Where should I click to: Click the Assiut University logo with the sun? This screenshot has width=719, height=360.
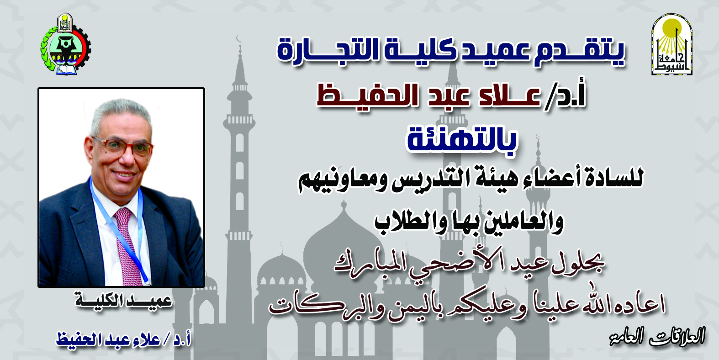coord(671,44)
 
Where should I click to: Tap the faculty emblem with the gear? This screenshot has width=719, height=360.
coord(66,44)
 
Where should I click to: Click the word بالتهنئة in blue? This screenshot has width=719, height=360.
coord(462,143)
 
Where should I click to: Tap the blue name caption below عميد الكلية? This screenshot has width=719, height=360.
coord(124,339)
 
